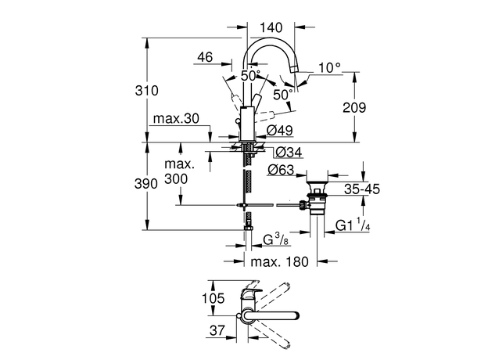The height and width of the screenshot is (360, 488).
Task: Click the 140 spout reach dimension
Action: click(x=271, y=27)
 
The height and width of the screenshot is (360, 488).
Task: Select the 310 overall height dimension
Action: click(x=146, y=91)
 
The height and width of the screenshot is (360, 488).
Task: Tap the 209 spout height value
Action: click(x=354, y=107)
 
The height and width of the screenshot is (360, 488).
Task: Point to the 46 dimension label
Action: click(x=205, y=57)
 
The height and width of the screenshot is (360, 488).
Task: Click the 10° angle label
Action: click(x=329, y=67)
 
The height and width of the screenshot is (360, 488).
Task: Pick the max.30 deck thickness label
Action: click(x=176, y=119)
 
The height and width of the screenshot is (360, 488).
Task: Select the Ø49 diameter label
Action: click(x=280, y=131)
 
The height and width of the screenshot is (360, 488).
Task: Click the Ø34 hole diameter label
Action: click(x=289, y=153)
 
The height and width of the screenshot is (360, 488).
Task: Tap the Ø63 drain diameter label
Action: click(x=281, y=170)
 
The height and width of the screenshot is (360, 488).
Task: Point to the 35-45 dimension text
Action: click(x=362, y=189)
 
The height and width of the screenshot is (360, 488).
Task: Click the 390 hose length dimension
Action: click(x=146, y=184)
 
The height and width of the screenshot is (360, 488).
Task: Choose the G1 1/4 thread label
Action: click(x=353, y=225)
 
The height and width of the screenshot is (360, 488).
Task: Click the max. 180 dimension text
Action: click(x=279, y=261)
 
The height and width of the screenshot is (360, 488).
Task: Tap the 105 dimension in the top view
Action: click(x=213, y=298)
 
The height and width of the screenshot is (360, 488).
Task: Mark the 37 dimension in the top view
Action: click(x=217, y=330)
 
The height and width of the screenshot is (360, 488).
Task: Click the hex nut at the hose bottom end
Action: click(x=249, y=229)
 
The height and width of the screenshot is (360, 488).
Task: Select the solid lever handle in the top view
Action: click(x=271, y=315)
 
